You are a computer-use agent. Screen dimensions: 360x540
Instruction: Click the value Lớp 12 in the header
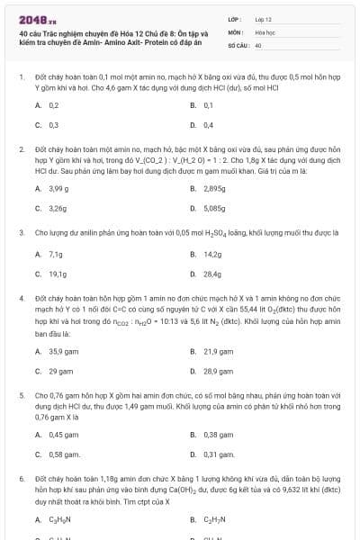[x=264, y=19]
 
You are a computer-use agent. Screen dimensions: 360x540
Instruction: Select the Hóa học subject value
[x=265, y=31]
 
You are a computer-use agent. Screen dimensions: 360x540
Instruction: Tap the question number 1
[x=21, y=78]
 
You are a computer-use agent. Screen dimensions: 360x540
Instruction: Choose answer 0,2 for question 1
[x=53, y=105]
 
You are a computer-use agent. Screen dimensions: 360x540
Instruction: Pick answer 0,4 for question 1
[x=208, y=124]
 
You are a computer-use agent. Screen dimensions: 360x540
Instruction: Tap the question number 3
[x=21, y=231]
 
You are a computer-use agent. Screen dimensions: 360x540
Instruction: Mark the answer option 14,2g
[x=211, y=254]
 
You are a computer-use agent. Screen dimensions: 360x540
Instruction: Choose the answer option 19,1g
[x=56, y=273]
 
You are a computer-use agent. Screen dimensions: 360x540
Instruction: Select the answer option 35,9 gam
[x=60, y=351]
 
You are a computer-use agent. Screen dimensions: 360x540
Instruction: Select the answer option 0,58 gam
[x=59, y=454]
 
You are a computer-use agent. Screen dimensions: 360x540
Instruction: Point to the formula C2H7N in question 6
[x=215, y=519]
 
